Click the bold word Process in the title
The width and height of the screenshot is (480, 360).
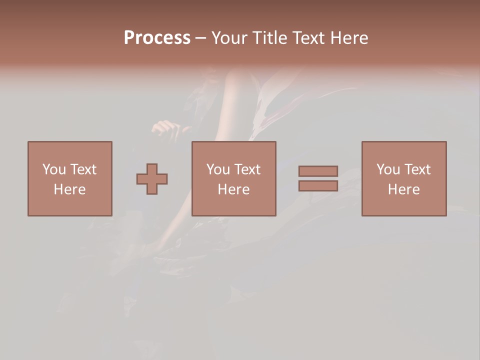pos(157,38)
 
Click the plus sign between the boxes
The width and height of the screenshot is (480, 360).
pos(152,178)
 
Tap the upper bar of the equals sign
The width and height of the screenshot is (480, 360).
pos(318,171)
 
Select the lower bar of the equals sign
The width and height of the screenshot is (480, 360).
pos(318,185)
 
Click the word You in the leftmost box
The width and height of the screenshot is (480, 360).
pos(54,169)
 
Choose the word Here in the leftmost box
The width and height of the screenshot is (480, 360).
pos(69,189)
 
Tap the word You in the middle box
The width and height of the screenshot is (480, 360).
pos(218,169)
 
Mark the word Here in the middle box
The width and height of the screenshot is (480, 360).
pos(233,189)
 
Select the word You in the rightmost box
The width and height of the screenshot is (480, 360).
pos(388,169)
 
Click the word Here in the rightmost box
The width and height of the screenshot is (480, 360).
pos(403,189)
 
